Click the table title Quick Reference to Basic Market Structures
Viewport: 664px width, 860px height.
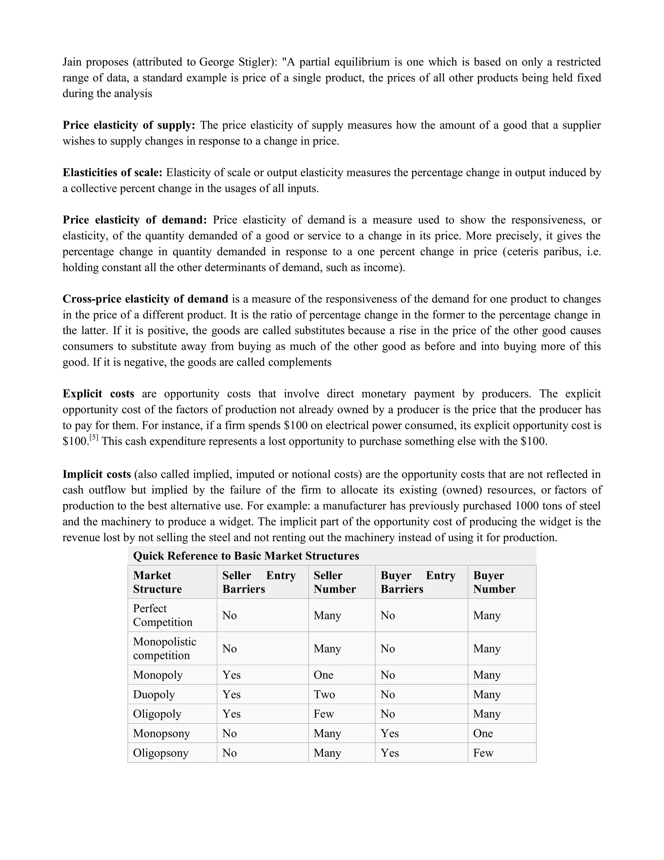246,556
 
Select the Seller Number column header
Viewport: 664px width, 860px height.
334,582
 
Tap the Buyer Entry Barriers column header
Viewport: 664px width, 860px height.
418,582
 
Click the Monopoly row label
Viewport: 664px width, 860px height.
158,675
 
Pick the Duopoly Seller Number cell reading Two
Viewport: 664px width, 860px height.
324,694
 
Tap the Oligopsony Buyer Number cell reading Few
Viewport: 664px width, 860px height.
483,753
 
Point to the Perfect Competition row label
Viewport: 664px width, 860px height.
162,615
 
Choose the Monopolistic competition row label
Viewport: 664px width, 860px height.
164,648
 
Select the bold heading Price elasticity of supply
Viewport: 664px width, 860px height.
129,125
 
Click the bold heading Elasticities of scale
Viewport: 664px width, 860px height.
113,172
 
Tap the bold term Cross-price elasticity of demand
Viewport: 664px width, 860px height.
145,299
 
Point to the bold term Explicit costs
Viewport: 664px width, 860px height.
98,394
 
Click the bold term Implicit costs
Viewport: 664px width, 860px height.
96,474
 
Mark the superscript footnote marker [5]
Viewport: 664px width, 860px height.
94,437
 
